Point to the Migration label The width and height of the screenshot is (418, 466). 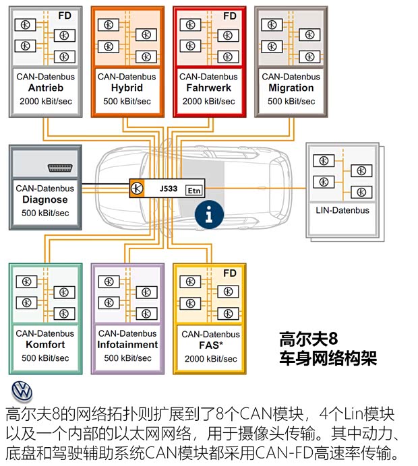coord(291,88)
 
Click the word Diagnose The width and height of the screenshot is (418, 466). coord(44,200)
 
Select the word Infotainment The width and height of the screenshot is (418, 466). coord(127,345)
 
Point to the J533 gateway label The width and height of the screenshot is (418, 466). coord(169,189)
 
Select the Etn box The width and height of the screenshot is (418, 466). coord(194,191)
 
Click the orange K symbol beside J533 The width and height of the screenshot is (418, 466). coord(138,189)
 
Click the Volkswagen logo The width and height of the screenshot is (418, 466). coord(22,391)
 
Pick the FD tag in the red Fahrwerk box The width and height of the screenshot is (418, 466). coord(230,15)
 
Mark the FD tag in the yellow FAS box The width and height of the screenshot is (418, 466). coord(230,273)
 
